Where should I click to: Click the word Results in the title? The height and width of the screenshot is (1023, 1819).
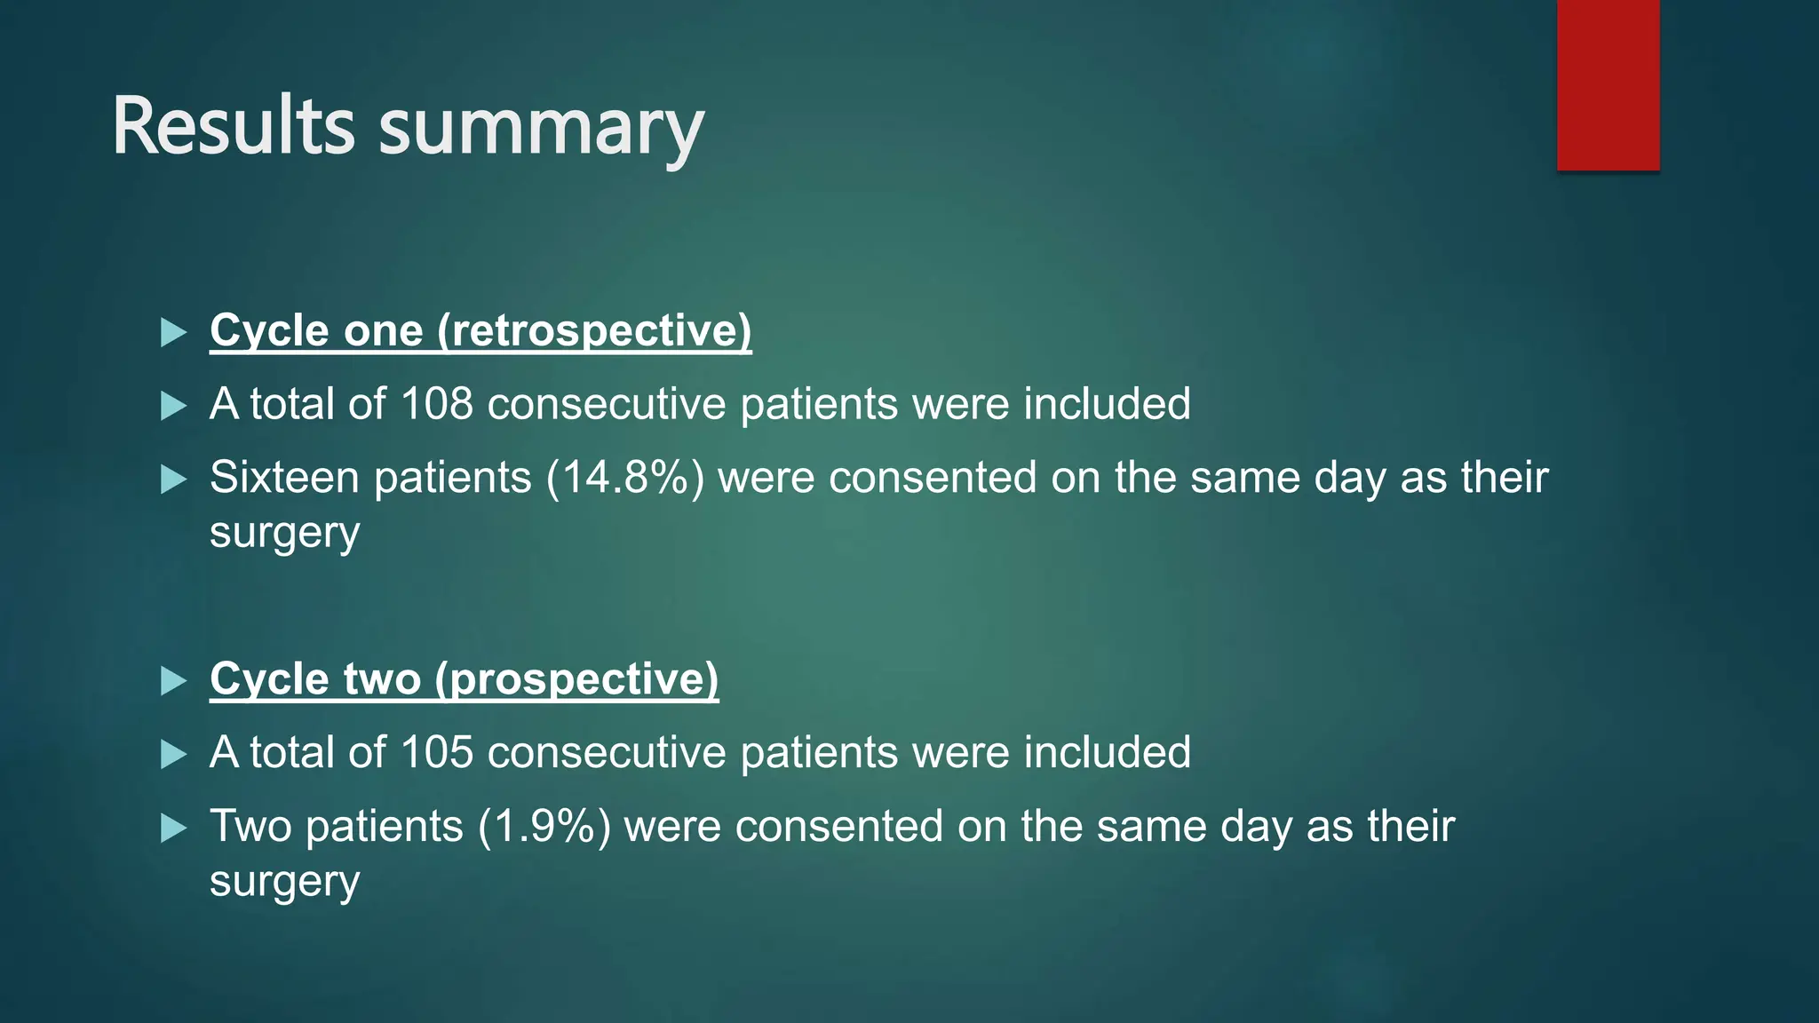233,126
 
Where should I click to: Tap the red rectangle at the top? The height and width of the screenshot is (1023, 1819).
1608,85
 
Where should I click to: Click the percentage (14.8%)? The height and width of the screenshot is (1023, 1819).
625,478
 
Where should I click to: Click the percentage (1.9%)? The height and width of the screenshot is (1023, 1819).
544,827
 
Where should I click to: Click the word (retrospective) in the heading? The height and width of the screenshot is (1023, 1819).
594,331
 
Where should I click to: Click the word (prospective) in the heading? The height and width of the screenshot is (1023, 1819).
576,680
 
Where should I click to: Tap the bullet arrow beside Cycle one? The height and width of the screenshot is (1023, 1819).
173,333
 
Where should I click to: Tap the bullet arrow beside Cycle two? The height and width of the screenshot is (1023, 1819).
173,682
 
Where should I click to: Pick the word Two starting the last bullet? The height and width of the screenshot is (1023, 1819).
250,827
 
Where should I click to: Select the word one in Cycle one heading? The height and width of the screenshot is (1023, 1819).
384,331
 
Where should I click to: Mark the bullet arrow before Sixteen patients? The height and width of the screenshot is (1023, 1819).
173,480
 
